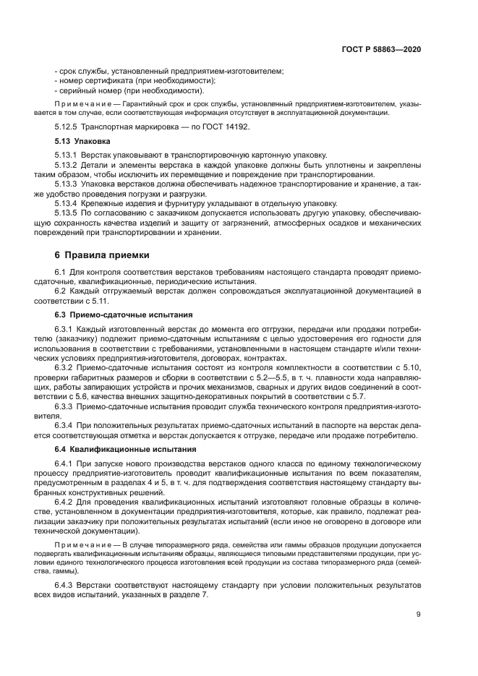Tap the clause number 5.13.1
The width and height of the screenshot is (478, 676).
[x=69, y=155]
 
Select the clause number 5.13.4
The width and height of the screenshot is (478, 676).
[x=69, y=203]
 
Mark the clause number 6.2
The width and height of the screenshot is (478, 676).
[x=61, y=290]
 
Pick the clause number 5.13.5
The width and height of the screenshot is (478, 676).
[x=69, y=213]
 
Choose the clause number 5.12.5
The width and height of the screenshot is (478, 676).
[x=69, y=127]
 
